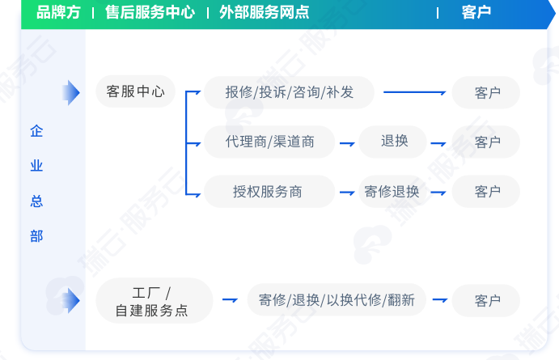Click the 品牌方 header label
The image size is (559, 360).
coord(58,12)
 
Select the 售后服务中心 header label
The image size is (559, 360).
coord(150,12)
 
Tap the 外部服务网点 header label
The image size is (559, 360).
coord(265,12)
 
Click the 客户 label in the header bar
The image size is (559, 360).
coord(476,12)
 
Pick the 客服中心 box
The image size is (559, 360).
coord(135,91)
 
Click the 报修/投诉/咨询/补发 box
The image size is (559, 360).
coord(289,92)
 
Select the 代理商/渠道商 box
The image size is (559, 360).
coord(269,142)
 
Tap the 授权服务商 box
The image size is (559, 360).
coord(269,192)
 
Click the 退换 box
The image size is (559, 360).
coord(393,142)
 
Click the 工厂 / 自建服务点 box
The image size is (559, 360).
coord(155,301)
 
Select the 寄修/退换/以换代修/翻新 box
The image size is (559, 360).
coord(337,300)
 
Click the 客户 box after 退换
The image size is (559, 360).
coord(486,142)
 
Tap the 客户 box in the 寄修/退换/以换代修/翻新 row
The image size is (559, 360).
coord(486,300)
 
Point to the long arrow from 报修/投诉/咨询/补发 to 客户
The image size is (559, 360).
coord(415,92)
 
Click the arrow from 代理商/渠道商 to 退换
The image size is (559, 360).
coord(347,144)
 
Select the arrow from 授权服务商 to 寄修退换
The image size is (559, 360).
coord(347,193)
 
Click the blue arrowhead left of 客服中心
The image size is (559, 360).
coord(71,93)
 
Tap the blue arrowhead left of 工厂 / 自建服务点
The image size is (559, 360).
coord(71,301)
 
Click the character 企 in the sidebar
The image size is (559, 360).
coord(36,131)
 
